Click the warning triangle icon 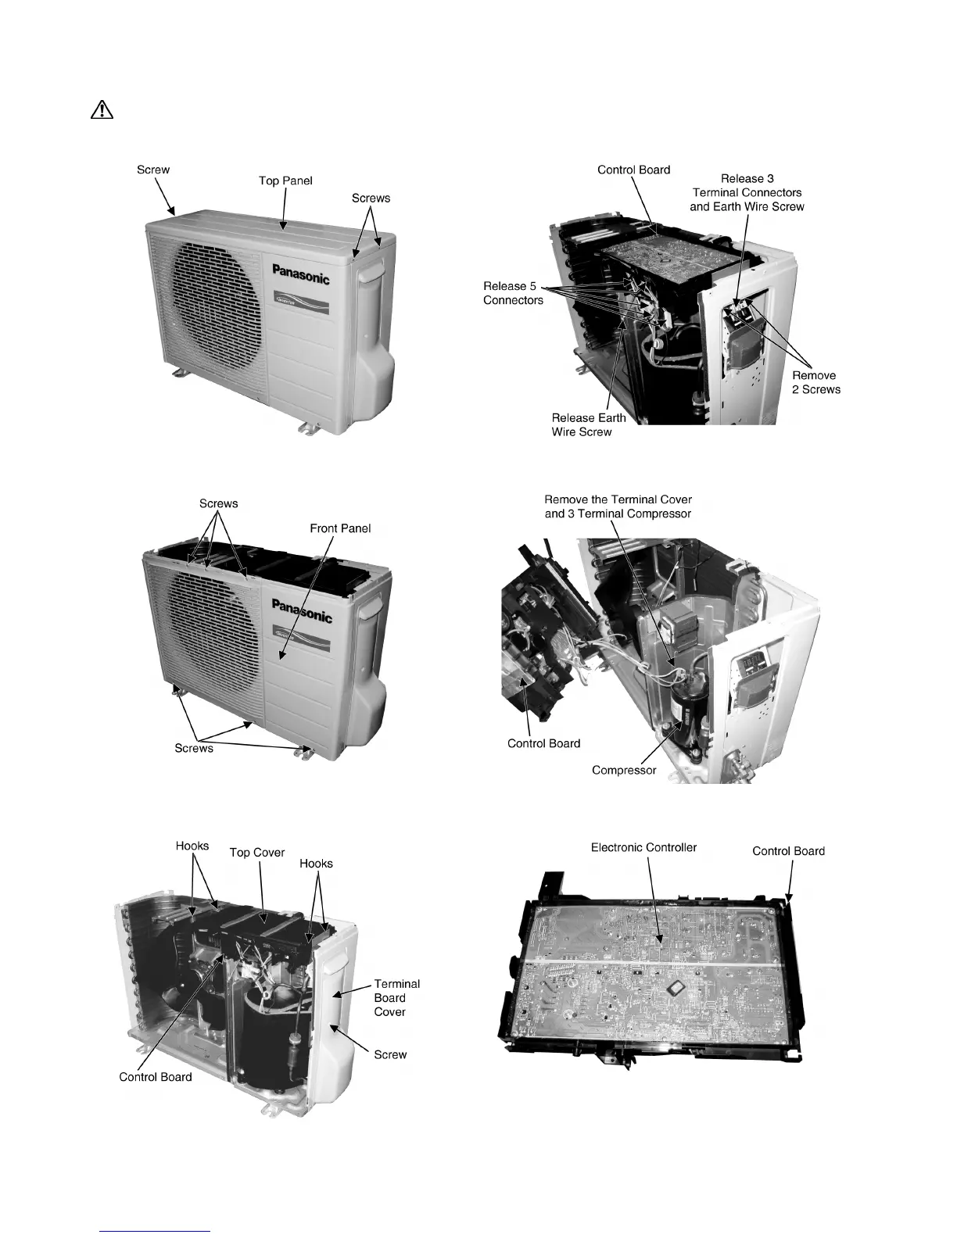point(102,110)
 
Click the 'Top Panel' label point(285,181)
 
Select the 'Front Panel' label point(340,528)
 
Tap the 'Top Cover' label point(256,852)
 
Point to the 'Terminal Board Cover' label point(396,997)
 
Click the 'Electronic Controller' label point(643,847)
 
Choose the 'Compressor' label point(624,770)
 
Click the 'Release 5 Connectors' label point(513,293)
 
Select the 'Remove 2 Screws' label point(815,382)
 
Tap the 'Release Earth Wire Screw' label point(588,424)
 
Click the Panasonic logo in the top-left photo point(301,274)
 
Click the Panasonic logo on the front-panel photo point(302,610)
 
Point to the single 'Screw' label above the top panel point(153,169)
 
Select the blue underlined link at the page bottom point(156,1230)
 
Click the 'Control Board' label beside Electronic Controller point(788,851)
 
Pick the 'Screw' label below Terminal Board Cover point(390,1054)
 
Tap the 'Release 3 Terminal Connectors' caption point(747,192)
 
